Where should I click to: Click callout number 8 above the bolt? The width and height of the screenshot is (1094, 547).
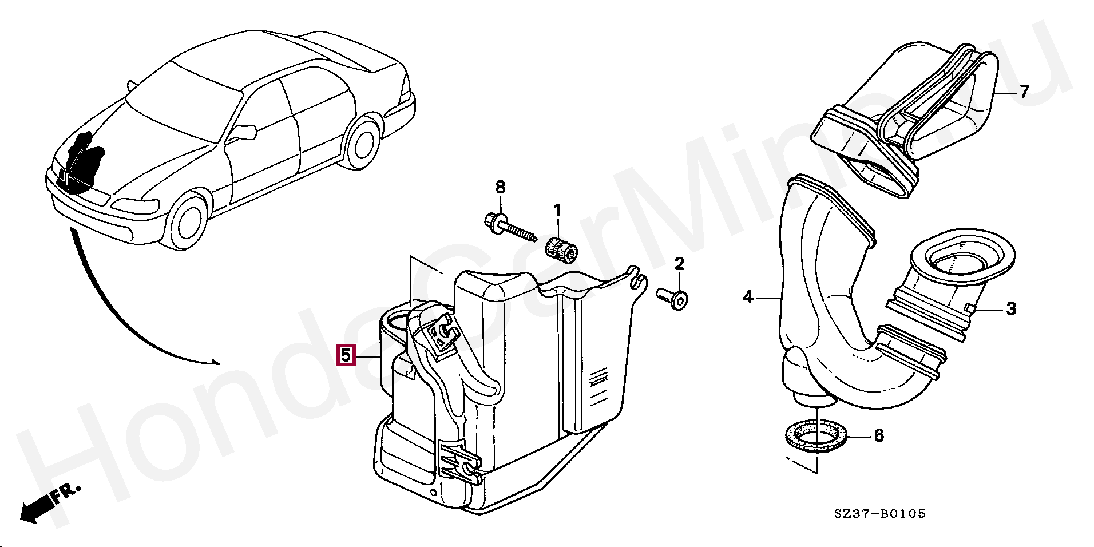[500, 187]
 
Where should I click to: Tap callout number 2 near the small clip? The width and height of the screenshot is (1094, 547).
[679, 264]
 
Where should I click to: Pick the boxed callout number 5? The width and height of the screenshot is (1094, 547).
[346, 355]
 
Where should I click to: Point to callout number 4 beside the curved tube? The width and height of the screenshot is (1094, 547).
[748, 297]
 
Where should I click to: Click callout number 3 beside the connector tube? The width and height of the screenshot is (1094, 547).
[1011, 310]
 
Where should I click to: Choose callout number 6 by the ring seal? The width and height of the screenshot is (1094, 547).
[879, 435]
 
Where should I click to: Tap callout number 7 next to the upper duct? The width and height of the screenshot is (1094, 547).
[1024, 91]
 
